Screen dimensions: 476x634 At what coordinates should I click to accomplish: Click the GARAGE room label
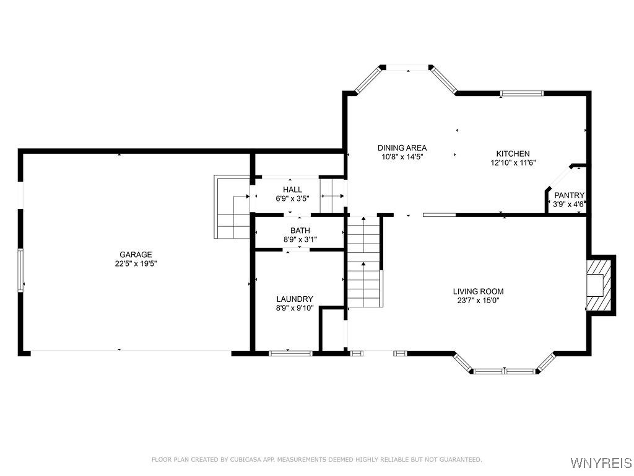(136, 254)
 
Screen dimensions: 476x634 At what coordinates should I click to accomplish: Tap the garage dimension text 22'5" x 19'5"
(136, 263)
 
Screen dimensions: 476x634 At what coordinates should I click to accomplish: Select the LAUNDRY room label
(295, 299)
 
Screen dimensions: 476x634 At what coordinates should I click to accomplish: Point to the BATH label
(300, 231)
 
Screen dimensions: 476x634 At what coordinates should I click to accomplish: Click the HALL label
(292, 190)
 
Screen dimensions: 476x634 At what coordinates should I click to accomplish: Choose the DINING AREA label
(402, 148)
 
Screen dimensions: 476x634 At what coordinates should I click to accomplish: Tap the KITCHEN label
(513, 154)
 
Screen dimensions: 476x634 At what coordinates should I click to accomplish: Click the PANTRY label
(569, 195)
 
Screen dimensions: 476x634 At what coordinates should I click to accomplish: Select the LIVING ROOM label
(478, 291)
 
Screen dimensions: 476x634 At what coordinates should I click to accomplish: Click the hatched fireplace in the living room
(599, 285)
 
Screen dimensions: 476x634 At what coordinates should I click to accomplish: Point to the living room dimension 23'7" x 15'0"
(478, 301)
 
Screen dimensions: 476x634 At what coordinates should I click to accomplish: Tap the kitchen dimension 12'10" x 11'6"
(513, 163)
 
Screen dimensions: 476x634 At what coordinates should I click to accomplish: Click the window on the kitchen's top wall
(522, 94)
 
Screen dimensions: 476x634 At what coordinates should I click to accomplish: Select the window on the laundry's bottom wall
(290, 353)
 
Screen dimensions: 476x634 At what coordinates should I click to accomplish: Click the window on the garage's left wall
(20, 270)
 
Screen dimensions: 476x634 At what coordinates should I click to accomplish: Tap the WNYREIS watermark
(601, 463)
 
